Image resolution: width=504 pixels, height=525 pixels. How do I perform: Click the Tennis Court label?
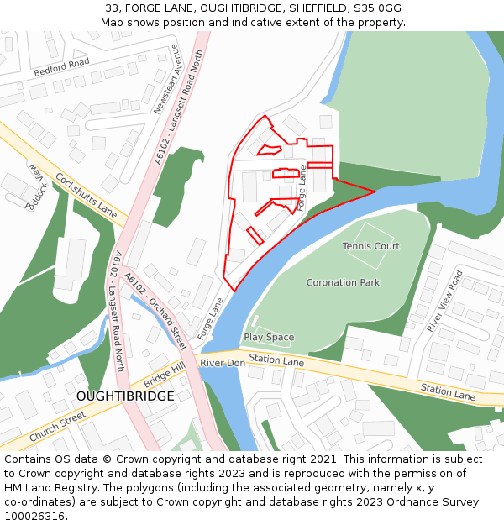[x=370, y=246]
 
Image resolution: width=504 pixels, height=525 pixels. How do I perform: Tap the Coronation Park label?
[x=343, y=283]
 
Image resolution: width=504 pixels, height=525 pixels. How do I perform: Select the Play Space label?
[x=269, y=337]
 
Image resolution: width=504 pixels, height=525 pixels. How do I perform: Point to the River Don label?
[x=222, y=363]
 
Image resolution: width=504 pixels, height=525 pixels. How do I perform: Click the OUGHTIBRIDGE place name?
[x=125, y=396]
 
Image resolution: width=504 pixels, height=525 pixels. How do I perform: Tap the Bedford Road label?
[x=61, y=68]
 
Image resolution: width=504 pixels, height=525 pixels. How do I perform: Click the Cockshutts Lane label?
[x=86, y=196]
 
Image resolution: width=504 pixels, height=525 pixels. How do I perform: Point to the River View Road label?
[x=444, y=301]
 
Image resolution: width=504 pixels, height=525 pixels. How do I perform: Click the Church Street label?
[x=57, y=426]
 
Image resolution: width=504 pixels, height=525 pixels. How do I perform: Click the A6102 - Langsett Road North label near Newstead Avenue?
[x=179, y=108]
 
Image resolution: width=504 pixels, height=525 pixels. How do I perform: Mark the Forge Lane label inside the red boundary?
[x=302, y=187]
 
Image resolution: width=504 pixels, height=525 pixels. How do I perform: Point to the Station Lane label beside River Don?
[x=276, y=360]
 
